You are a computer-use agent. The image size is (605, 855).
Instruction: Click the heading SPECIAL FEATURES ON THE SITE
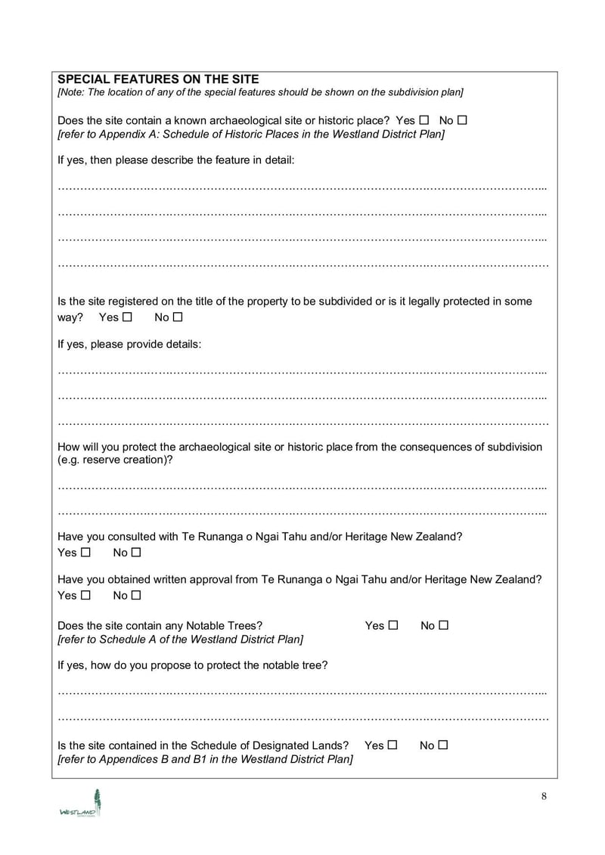(158, 79)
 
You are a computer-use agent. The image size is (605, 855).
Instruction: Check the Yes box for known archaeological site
(423, 120)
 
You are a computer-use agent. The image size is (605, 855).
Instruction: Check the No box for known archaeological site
(462, 120)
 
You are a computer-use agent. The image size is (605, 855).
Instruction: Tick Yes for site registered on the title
(127, 318)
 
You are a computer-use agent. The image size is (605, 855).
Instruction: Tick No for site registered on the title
(177, 318)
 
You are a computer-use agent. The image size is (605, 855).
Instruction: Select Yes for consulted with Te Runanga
(85, 553)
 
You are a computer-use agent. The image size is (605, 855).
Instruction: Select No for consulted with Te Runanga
(135, 553)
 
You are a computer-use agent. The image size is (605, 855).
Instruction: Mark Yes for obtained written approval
(85, 596)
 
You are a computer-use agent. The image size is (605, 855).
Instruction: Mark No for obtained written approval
(135, 596)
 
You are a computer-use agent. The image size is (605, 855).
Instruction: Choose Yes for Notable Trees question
(392, 625)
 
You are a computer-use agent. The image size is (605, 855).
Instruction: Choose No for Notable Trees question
(443, 625)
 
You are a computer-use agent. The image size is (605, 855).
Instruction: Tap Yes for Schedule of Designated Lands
(392, 745)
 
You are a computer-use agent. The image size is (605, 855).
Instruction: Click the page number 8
(544, 796)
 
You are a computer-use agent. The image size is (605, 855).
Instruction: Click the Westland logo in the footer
(81, 803)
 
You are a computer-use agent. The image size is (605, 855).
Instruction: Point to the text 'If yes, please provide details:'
(129, 344)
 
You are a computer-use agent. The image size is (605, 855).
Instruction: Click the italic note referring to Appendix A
(251, 135)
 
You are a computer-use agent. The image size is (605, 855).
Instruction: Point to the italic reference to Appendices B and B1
(205, 759)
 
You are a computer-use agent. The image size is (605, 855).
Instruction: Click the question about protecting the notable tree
(193, 665)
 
